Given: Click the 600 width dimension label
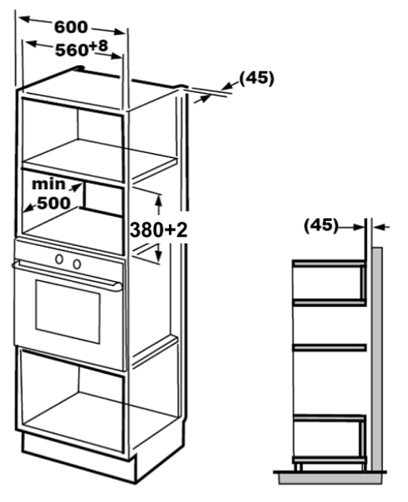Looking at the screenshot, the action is (x=71, y=27).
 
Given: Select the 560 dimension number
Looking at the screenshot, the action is (x=71, y=50).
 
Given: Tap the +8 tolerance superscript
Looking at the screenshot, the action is (x=99, y=46).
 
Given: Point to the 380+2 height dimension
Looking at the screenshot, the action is (x=158, y=230).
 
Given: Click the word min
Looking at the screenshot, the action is (x=48, y=184).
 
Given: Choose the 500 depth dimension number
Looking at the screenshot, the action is (x=54, y=203).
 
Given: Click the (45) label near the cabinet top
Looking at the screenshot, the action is (x=257, y=78).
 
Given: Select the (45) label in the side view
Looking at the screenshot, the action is (x=321, y=225).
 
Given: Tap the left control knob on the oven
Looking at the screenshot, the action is (x=59, y=259).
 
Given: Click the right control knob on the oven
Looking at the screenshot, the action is (x=77, y=264).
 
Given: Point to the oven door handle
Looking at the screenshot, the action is (x=67, y=275).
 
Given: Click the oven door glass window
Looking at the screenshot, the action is (x=68, y=311).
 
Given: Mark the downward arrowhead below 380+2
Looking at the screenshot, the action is (x=158, y=255).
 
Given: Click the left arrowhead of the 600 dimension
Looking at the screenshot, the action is (x=24, y=19).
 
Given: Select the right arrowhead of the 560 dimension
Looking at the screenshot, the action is (x=116, y=56).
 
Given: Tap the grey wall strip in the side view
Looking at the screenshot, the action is (x=377, y=359).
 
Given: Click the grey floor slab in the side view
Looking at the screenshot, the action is (x=330, y=479).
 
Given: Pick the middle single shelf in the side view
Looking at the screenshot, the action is (x=329, y=348).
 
